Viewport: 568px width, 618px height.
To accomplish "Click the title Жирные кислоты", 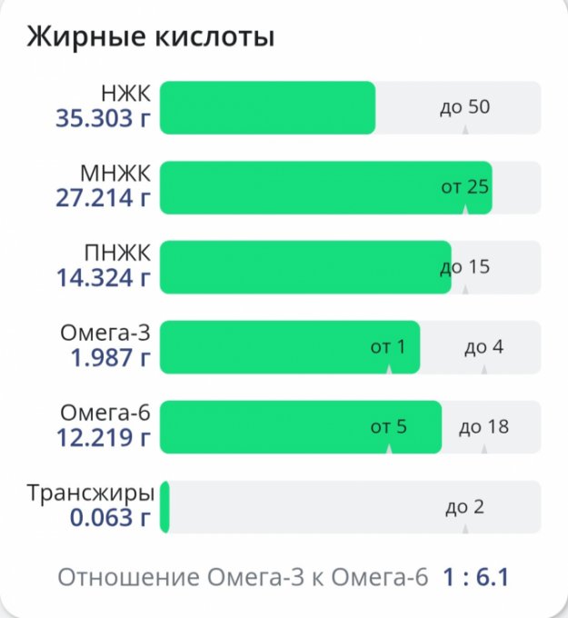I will tap(151, 37).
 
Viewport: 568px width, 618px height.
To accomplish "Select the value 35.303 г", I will tap(104, 118).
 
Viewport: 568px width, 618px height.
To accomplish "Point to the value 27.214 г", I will tap(104, 198).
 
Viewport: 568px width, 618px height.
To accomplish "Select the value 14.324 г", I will tap(104, 278).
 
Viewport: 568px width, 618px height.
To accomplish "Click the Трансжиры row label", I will tap(91, 494).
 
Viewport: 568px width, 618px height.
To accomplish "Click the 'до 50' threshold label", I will tap(464, 107).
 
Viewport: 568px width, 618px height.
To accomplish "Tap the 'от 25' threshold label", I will tap(464, 187).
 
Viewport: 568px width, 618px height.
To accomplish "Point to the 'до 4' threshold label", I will tap(483, 346).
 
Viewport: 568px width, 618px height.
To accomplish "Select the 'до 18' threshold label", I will tap(483, 426).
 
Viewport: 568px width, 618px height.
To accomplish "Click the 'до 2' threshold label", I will tap(464, 506).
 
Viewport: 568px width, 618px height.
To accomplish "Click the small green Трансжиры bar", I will tap(164, 507).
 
